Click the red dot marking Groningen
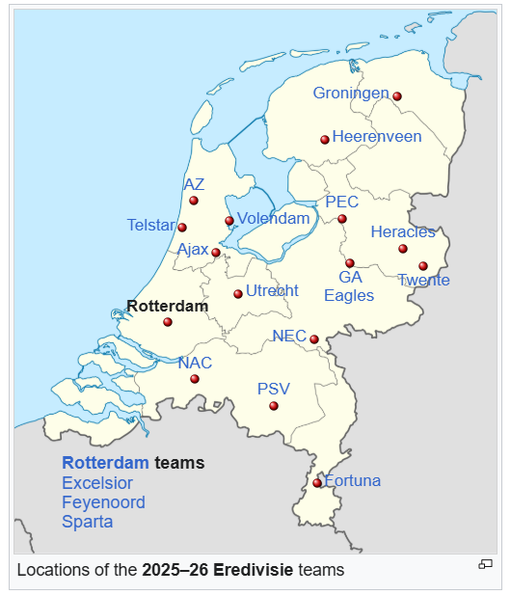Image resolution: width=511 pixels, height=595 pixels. (x=396, y=96)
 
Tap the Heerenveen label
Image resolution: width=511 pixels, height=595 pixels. (x=377, y=137)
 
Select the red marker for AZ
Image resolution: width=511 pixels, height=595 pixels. (x=194, y=201)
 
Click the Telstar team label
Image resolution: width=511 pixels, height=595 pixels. (x=150, y=226)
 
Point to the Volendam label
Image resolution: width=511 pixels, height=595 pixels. (x=274, y=219)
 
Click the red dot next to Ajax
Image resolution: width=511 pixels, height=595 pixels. (x=216, y=253)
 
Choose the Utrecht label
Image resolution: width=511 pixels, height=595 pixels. (x=272, y=291)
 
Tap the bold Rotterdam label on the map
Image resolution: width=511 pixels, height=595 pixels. (x=167, y=306)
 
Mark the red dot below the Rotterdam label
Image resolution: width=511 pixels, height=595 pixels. (x=168, y=322)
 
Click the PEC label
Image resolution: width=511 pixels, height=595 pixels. (x=341, y=203)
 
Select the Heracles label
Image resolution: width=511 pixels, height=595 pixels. (x=403, y=232)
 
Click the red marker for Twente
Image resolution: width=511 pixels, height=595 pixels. (x=423, y=266)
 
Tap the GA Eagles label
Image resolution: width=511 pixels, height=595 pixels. (x=349, y=286)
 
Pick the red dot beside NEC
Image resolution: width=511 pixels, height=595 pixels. (x=314, y=338)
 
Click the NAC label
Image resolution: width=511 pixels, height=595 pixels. (x=195, y=364)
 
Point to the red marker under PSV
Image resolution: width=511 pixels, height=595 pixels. (x=274, y=406)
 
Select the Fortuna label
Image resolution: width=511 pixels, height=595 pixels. (x=353, y=481)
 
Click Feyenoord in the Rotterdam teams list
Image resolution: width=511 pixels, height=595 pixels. (x=103, y=502)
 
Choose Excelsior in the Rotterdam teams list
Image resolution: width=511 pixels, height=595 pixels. (x=97, y=483)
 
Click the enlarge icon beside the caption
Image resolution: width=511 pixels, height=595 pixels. (x=486, y=564)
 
